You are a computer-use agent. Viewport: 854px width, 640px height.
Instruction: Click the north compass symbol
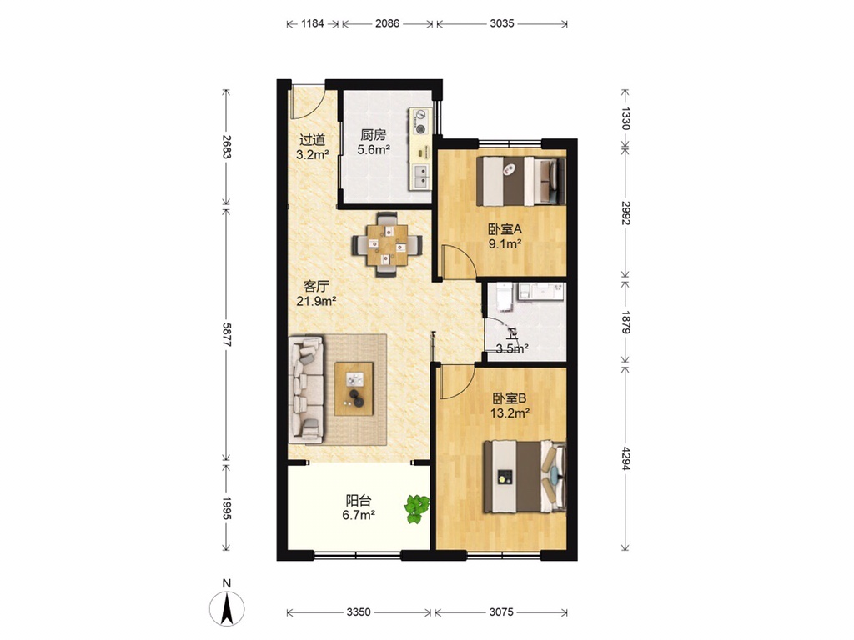[227, 607]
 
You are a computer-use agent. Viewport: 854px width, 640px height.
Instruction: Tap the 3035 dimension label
[501, 23]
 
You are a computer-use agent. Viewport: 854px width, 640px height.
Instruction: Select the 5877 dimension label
[227, 335]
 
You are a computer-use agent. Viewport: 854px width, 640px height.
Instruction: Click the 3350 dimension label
[359, 612]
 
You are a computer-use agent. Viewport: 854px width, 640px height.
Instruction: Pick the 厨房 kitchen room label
[373, 134]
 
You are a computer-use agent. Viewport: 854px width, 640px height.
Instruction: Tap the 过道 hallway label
[312, 140]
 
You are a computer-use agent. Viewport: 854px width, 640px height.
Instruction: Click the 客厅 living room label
[316, 287]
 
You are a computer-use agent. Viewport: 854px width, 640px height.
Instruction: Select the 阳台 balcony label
[359, 500]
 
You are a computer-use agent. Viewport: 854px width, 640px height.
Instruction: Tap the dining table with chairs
[387, 244]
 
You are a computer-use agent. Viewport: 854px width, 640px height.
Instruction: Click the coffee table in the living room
[354, 388]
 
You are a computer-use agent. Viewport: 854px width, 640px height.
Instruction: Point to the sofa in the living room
[306, 388]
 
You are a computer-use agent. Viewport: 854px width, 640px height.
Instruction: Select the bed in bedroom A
[521, 181]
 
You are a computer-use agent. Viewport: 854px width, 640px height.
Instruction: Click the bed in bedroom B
[525, 477]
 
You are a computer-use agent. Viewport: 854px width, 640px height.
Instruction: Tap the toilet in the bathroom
[505, 297]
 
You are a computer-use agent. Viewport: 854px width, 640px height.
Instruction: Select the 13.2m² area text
[510, 413]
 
